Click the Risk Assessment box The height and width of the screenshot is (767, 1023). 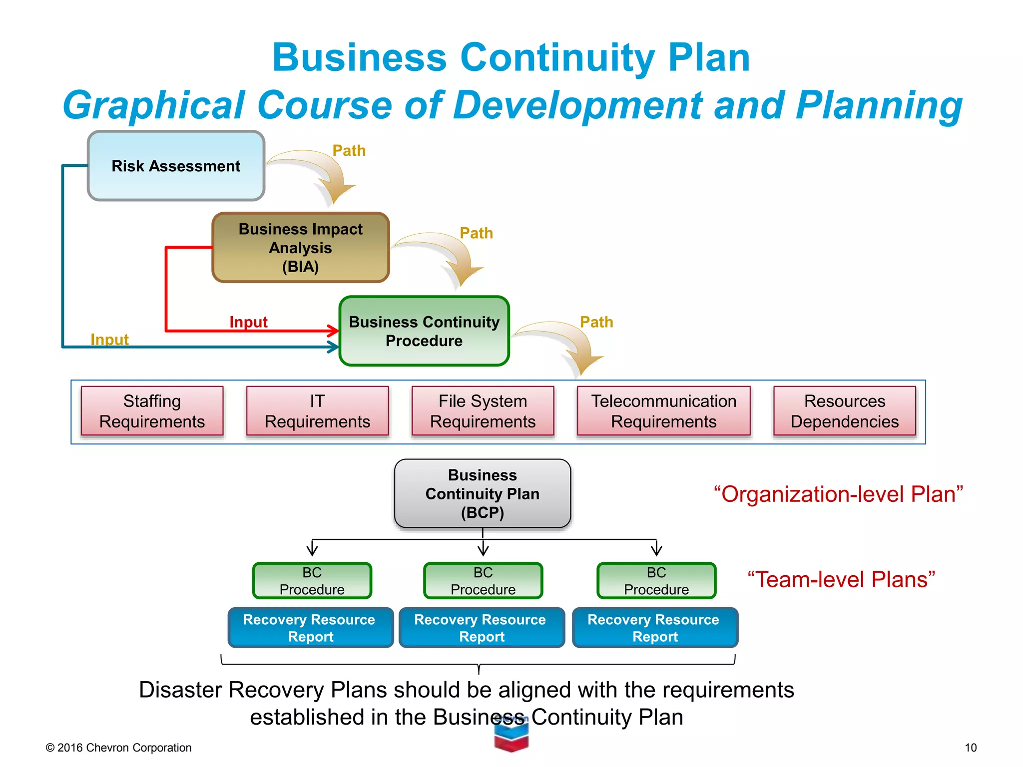point(176,166)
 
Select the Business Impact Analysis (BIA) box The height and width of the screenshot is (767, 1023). point(300,248)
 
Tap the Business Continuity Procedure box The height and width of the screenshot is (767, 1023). point(424,331)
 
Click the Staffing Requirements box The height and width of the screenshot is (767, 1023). point(152,411)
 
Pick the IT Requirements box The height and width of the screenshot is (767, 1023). point(317,411)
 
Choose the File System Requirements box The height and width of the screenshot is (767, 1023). point(483,411)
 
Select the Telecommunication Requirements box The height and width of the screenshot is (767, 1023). point(663,411)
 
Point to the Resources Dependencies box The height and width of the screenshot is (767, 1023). point(844,411)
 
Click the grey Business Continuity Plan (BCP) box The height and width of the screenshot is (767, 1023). point(482,493)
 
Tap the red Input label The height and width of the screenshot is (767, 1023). point(248,322)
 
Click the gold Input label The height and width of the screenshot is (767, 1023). point(109,340)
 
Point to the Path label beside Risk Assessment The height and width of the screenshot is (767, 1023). point(349,150)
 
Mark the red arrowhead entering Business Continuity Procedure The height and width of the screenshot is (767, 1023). point(333,330)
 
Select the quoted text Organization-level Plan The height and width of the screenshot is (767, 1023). point(838,494)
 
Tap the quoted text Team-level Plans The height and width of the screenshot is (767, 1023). point(841,580)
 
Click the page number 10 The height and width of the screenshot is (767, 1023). point(970,748)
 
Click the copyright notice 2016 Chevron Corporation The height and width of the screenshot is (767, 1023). point(118,748)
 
